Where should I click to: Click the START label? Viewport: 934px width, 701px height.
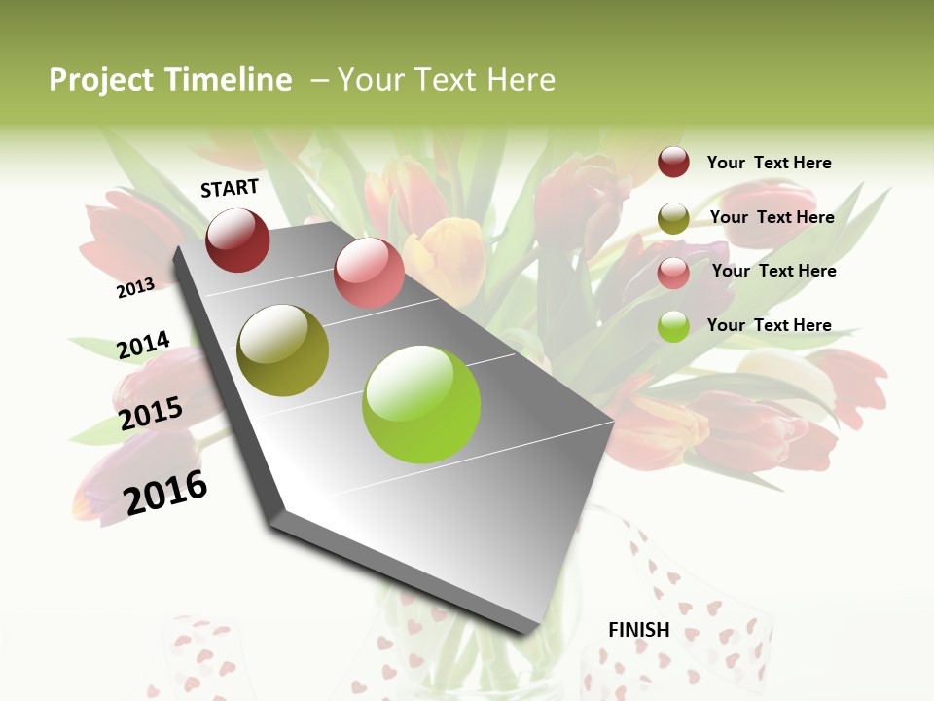[230, 188]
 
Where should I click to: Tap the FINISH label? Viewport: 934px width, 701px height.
[639, 630]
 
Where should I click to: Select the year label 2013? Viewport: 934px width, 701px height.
[136, 287]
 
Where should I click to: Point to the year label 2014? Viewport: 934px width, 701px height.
[144, 345]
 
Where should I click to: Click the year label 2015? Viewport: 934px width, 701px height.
[151, 414]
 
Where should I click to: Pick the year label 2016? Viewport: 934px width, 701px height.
[165, 492]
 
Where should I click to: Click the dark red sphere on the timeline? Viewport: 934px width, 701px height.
[237, 240]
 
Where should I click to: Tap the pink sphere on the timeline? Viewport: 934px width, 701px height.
[369, 273]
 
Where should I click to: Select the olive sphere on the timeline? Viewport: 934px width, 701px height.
[283, 350]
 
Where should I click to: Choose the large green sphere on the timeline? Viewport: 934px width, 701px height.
[421, 404]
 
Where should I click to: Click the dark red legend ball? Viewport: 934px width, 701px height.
[673, 162]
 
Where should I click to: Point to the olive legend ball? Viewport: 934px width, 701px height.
[673, 218]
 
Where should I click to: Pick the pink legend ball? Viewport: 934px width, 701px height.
[673, 273]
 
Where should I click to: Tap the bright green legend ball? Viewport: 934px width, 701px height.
[673, 326]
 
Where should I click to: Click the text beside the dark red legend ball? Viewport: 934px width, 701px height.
[769, 163]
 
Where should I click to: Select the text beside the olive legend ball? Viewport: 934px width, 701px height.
[772, 217]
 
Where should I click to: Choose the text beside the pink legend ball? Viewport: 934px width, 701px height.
[773, 271]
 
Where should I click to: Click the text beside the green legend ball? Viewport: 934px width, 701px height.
[769, 325]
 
